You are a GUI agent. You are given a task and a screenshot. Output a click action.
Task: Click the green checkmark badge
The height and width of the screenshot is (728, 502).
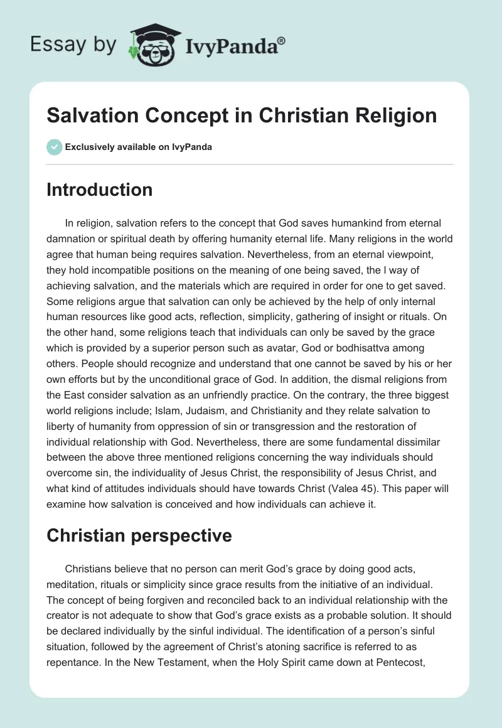pos(55,147)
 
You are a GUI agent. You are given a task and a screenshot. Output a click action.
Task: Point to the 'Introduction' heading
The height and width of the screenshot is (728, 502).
pos(99,190)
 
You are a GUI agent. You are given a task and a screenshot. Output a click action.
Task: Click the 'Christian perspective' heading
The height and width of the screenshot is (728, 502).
pos(139,535)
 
